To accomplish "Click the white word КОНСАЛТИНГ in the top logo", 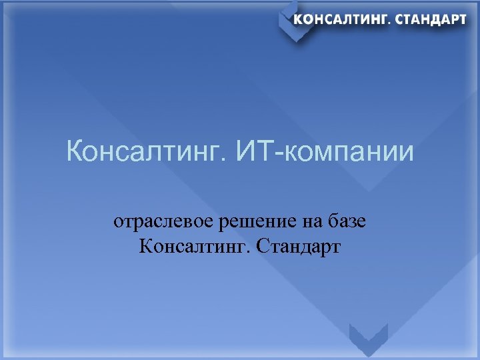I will click(x=342, y=19).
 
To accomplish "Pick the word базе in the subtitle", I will click(x=343, y=221).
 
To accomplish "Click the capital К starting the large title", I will click(x=75, y=153).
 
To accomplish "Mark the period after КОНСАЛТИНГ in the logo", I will click(x=391, y=23).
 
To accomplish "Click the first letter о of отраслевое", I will click(x=117, y=223).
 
